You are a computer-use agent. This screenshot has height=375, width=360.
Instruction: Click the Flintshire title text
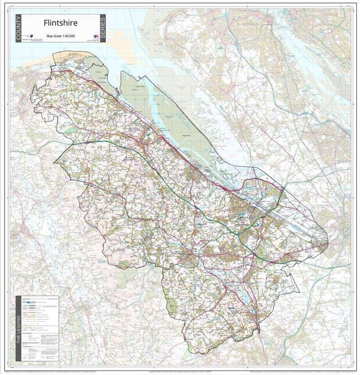pyautogui.click(x=60, y=23)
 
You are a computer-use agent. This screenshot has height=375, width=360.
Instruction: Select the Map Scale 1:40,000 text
pyautogui.click(x=60, y=36)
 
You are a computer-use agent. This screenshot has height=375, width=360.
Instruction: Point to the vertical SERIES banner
pyautogui.click(x=102, y=28)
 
